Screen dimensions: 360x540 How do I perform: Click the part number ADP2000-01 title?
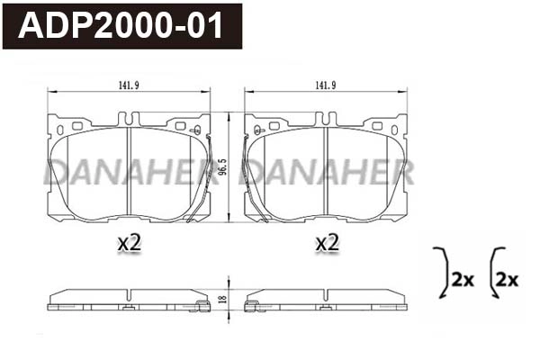pos(121,24)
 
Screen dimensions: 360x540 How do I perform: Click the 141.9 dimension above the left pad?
pos(128,85)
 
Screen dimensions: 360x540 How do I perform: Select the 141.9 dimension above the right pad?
pos(325,85)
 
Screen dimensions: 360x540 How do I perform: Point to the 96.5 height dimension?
pos(235,168)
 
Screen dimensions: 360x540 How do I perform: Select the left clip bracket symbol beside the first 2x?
pos(441,271)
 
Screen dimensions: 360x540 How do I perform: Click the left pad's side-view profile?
pos(128,300)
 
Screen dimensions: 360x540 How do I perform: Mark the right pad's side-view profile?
pos(326,300)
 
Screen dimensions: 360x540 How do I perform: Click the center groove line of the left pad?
pos(130,172)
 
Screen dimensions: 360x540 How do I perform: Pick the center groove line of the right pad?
pos(326,172)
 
